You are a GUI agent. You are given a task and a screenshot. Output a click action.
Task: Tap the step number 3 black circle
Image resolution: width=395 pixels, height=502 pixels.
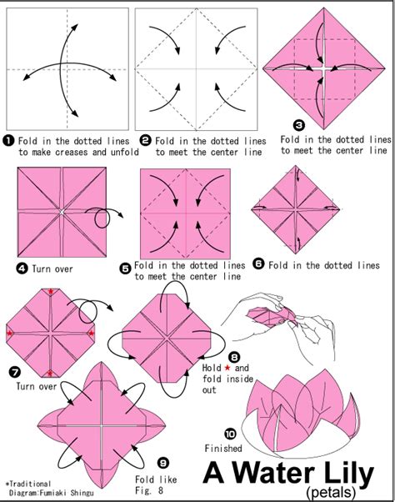[x=287, y=126]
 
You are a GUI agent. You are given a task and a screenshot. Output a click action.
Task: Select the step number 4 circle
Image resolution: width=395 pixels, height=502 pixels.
[x=22, y=268]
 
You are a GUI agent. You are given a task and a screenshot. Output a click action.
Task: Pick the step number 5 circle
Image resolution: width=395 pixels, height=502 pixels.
[x=125, y=268]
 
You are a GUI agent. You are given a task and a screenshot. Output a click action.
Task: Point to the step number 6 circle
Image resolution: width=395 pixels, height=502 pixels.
[x=258, y=264]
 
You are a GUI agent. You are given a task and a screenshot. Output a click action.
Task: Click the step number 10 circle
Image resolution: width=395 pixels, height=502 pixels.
[x=230, y=433]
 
